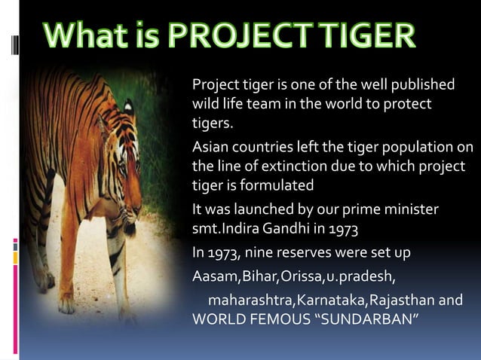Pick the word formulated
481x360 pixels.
(277, 185)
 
